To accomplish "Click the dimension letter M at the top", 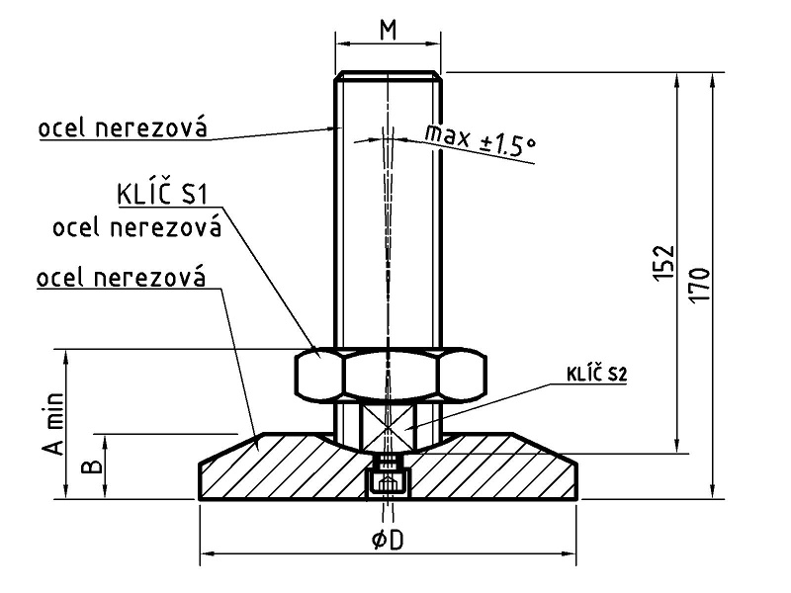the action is click(388, 31).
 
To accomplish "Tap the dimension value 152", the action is click(663, 263).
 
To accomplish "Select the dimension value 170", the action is click(700, 285).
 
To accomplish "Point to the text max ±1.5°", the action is click(480, 139).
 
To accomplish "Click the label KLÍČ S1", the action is click(162, 194).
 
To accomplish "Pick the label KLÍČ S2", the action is click(597, 375).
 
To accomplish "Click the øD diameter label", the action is click(388, 541).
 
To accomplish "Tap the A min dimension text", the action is click(55, 424).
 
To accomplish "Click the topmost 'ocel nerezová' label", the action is click(123, 128).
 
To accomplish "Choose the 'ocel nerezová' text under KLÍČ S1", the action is click(137, 227).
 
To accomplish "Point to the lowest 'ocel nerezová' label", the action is click(122, 278).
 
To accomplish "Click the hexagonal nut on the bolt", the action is click(391, 375).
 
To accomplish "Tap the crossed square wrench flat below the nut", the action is click(388, 427).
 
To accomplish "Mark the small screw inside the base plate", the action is click(387, 475).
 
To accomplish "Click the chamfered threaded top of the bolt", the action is click(388, 76).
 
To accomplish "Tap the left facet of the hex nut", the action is click(319, 375).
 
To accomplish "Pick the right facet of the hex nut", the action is click(462, 375).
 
